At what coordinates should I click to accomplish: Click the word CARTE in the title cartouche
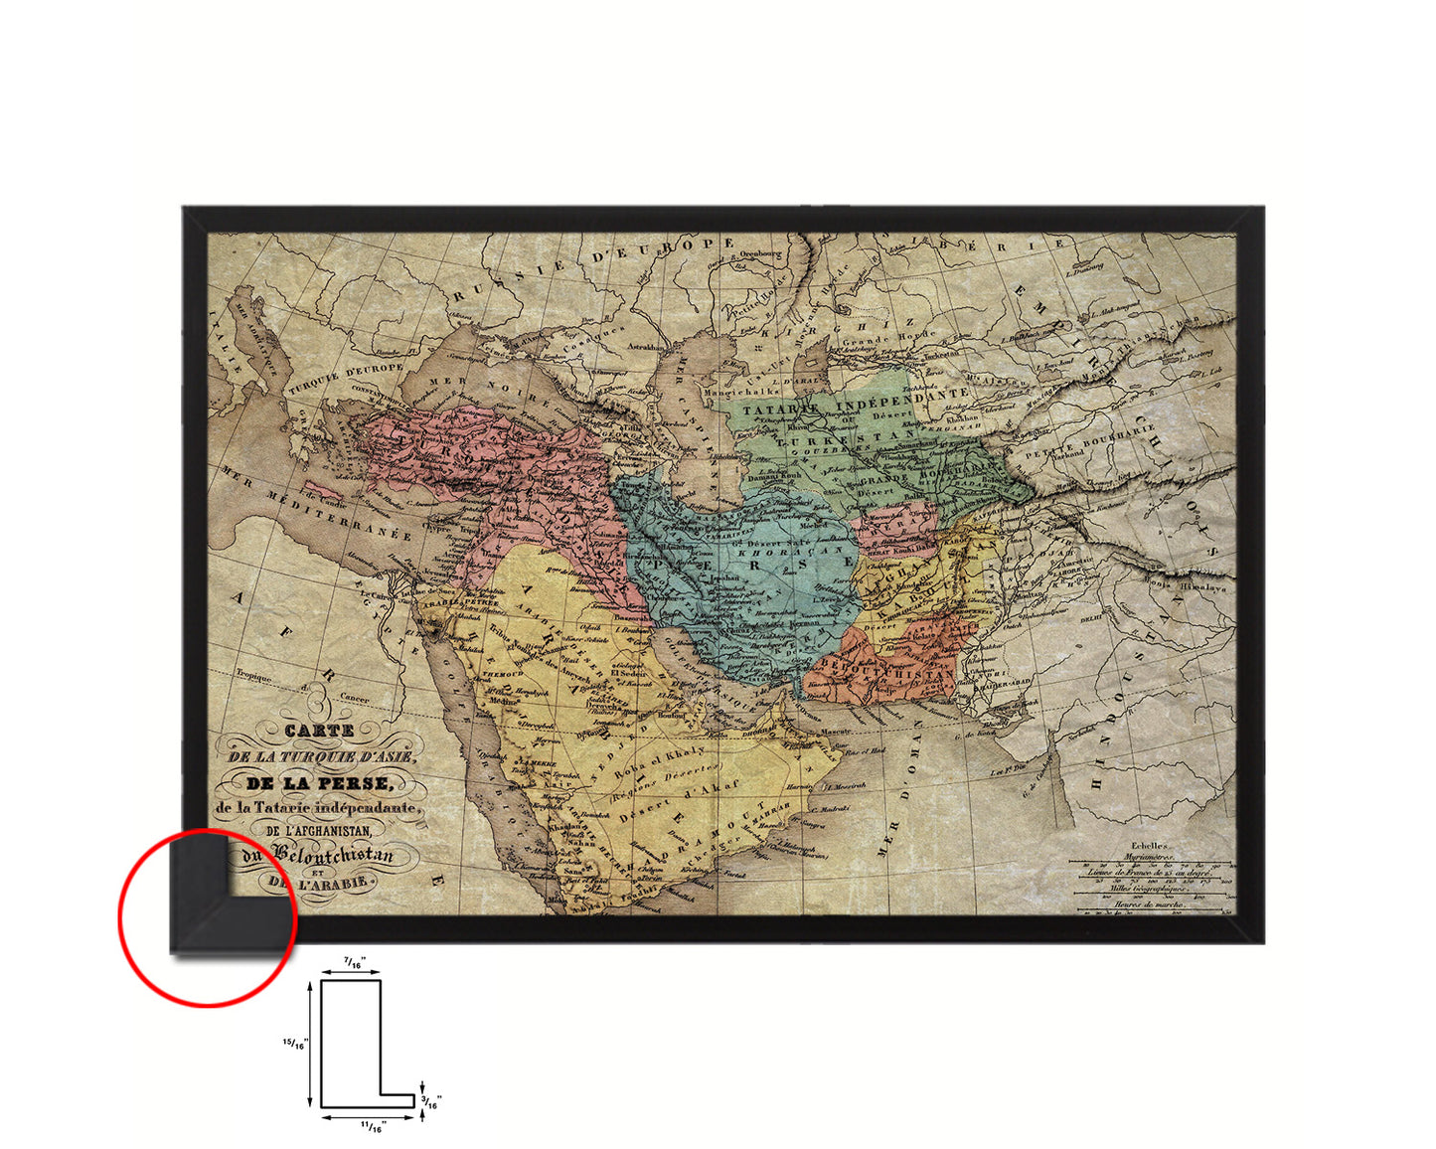(x=319, y=730)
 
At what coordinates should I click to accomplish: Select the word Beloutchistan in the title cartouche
(x=333, y=855)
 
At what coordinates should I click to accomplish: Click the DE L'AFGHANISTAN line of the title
(x=317, y=830)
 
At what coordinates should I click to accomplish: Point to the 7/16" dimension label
(x=353, y=962)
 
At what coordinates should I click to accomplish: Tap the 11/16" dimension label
(x=372, y=1127)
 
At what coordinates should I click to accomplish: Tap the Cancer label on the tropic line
(x=355, y=698)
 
